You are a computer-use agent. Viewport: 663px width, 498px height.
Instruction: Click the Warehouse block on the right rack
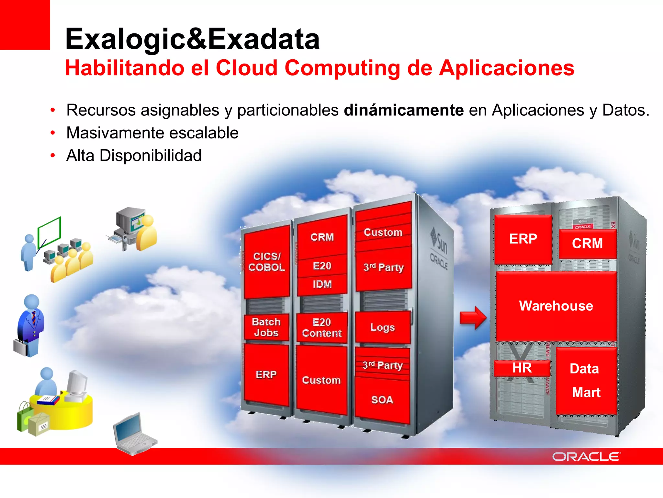pos(556,306)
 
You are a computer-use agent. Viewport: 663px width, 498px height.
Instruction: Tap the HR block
pos(522,368)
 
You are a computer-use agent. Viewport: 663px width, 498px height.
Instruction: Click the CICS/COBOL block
pos(266,262)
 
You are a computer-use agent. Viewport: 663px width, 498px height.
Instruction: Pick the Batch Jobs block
pos(266,327)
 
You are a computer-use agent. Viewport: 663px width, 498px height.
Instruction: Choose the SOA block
pos(382,400)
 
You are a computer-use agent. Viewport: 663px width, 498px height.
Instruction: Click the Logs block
pos(382,327)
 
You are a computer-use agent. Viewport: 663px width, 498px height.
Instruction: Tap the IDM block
pos(322,284)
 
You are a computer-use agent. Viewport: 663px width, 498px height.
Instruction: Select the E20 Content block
pos(322,328)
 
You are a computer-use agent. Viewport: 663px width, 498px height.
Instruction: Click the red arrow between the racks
pos(473,318)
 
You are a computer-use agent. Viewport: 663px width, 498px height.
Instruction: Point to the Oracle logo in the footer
pos(586,456)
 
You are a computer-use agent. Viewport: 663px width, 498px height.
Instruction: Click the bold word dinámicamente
pos(403,110)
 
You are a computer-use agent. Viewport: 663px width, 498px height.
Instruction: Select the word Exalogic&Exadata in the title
pos(192,39)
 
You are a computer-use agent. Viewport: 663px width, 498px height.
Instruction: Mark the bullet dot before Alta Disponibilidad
pos(53,156)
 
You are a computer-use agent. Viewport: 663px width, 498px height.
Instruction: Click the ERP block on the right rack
pos(523,239)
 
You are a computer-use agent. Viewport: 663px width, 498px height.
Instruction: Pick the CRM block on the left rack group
pos(322,237)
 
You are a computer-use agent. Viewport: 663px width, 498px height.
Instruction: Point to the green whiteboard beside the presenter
pos(49,231)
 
